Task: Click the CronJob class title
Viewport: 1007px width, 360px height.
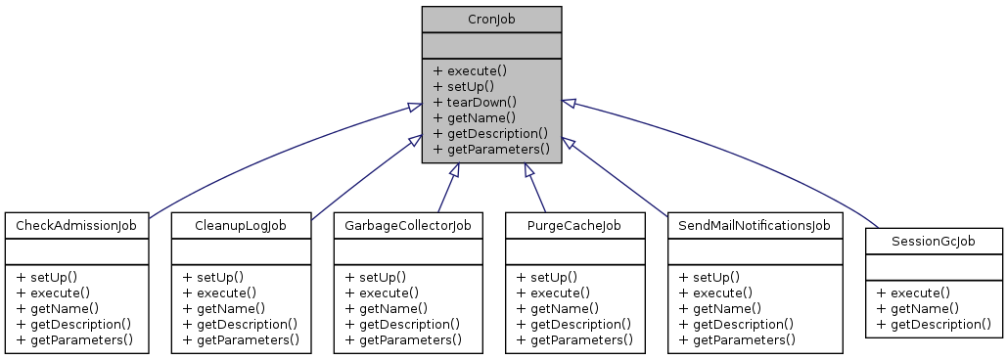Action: pos(491,19)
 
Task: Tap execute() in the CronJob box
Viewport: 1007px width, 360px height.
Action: pos(477,70)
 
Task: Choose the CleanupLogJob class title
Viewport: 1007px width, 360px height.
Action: pos(242,226)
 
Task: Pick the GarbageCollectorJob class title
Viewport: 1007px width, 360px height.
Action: pos(408,226)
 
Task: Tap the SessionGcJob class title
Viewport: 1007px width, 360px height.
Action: pos(935,241)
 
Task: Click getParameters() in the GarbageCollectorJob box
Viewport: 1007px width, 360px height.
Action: pos(410,339)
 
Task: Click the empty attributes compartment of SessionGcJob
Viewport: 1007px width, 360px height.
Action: pos(935,265)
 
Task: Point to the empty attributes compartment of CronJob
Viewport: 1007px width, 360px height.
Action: pos(491,45)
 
